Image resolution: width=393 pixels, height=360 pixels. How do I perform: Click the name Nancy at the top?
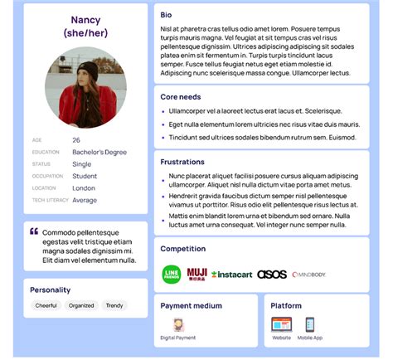pyautogui.click(x=85, y=20)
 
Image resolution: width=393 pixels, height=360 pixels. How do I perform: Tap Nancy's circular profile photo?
pyautogui.click(x=85, y=86)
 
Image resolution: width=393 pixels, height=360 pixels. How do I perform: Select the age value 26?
pyautogui.click(x=76, y=140)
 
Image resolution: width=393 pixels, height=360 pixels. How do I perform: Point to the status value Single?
pyautogui.click(x=82, y=164)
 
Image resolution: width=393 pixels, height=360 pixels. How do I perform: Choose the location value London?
pyautogui.click(x=84, y=188)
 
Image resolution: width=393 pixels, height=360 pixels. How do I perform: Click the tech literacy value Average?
pyautogui.click(x=85, y=200)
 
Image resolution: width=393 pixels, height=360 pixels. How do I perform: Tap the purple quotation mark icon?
pyautogui.click(x=34, y=232)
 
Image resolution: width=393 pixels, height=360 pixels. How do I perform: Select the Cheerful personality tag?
pyautogui.click(x=46, y=305)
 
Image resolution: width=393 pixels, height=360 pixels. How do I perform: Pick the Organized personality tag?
pyautogui.click(x=81, y=305)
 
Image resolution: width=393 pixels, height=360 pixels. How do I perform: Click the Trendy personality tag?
pyautogui.click(x=114, y=305)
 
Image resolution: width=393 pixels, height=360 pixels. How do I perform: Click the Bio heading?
pyautogui.click(x=167, y=15)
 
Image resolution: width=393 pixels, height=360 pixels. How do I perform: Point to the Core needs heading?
pyautogui.click(x=181, y=97)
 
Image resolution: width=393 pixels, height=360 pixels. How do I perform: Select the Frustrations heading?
pyautogui.click(x=182, y=162)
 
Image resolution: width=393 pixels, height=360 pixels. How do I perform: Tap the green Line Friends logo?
pyautogui.click(x=172, y=275)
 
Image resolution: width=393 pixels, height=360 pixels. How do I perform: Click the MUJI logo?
pyautogui.click(x=196, y=274)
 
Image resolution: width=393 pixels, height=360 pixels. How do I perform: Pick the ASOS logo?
pyautogui.click(x=272, y=275)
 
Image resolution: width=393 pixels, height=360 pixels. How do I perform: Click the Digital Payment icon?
pyautogui.click(x=177, y=325)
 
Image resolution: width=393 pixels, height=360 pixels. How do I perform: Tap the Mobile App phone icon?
pyautogui.click(x=310, y=325)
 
